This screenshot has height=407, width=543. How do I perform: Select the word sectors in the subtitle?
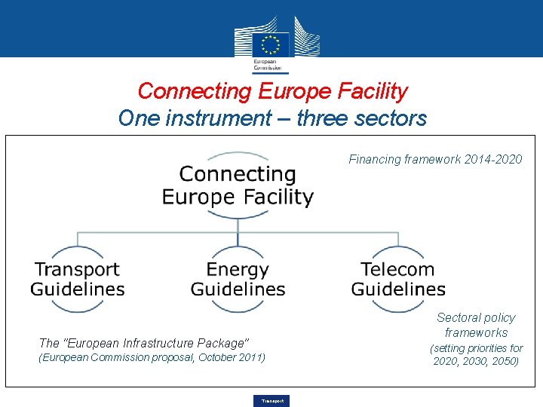tap(391, 118)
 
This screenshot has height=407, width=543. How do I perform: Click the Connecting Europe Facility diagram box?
tap(238, 185)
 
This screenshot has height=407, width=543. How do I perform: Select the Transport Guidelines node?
tap(78, 279)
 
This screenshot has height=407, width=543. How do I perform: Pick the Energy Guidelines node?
tap(238, 279)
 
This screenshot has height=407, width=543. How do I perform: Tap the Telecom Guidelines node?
tap(398, 279)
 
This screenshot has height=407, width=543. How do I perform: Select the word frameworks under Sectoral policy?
tap(476, 332)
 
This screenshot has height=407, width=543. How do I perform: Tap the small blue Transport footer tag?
tap(272, 401)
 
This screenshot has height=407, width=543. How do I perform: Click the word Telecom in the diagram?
tap(397, 269)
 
